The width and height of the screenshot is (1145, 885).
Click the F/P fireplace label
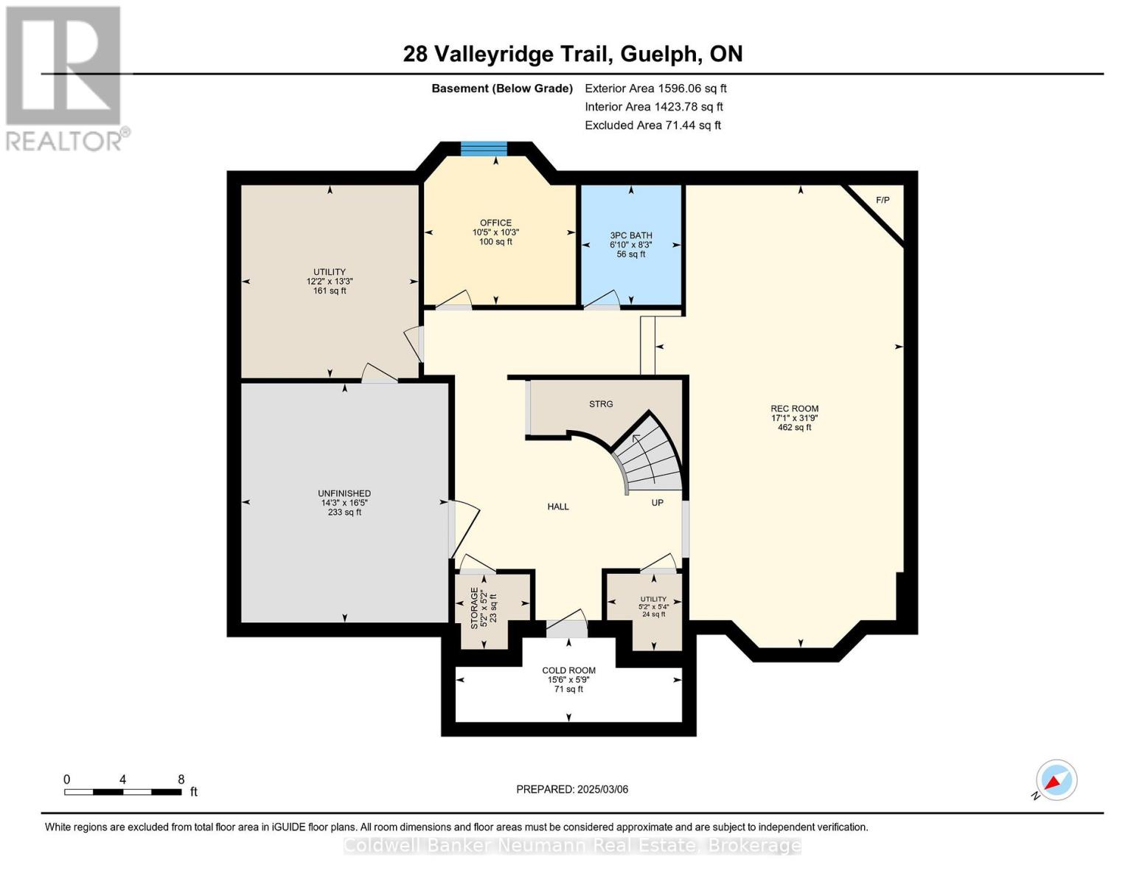tap(883, 201)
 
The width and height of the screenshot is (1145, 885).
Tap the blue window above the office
tap(484, 148)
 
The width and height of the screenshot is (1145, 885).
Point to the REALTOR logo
tap(66, 78)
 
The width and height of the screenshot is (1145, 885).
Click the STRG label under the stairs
tap(601, 403)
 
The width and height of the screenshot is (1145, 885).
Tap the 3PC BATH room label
tap(630, 235)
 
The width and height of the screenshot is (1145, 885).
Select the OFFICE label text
tap(495, 223)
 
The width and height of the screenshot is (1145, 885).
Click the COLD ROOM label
tap(568, 670)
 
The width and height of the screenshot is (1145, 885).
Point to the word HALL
tap(558, 507)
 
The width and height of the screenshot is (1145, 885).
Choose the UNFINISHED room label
tap(344, 493)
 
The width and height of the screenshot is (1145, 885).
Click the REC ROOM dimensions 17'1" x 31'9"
tap(795, 418)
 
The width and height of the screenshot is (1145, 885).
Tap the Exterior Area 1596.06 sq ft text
tap(655, 88)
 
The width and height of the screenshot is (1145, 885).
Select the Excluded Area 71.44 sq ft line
tap(652, 125)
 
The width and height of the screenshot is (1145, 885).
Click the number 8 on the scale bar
tap(181, 779)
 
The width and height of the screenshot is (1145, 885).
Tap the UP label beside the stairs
tap(657, 503)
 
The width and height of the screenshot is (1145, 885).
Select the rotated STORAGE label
tap(474, 608)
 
